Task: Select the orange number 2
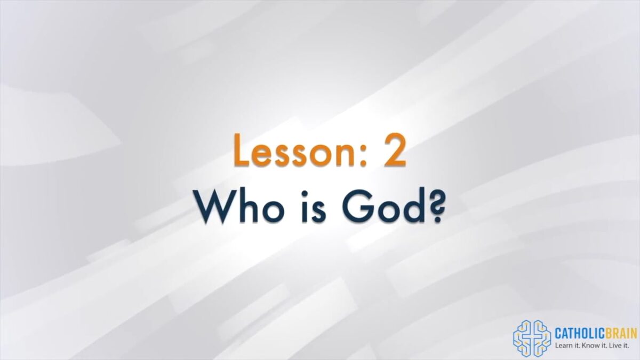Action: [395, 150]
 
